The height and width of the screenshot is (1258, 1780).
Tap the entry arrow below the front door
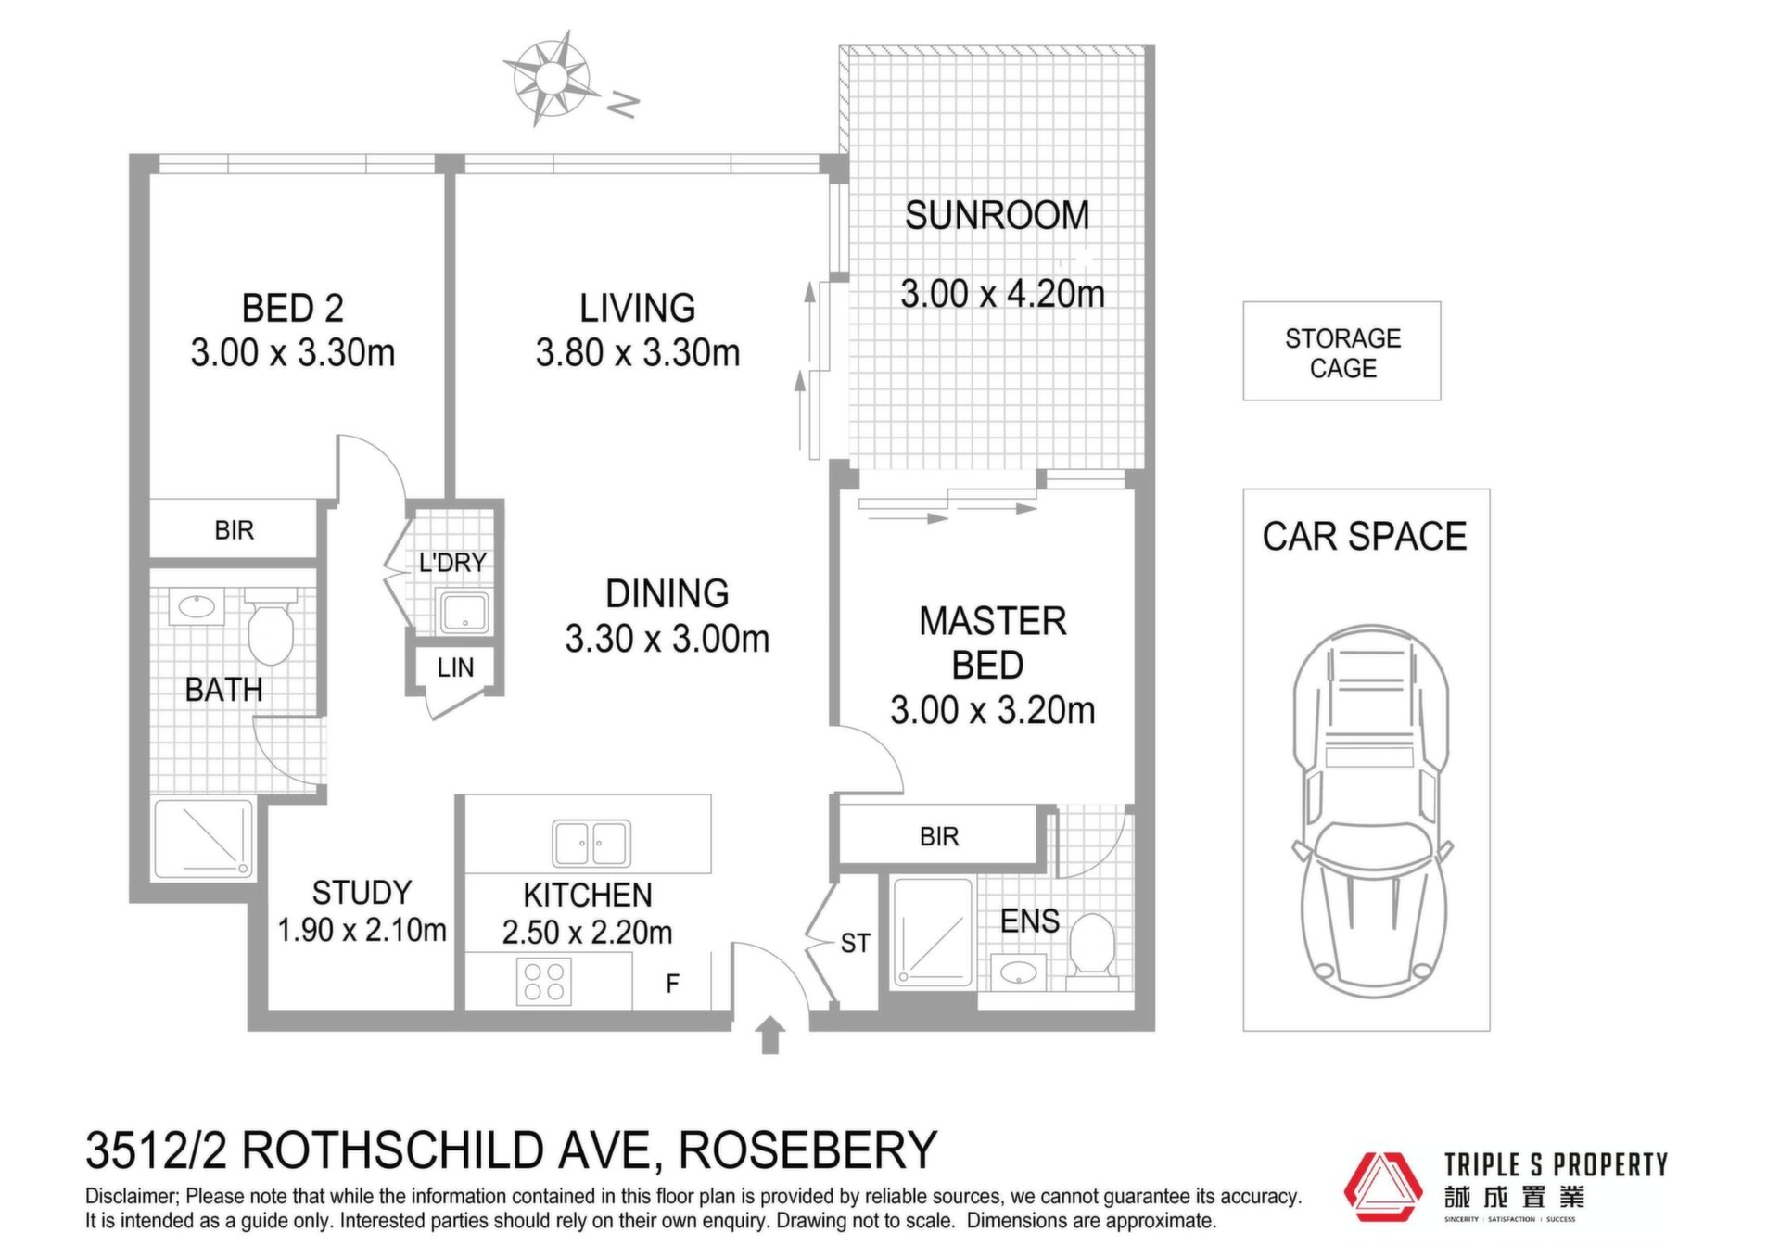(x=769, y=1036)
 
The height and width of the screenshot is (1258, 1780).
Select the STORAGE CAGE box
(x=1341, y=350)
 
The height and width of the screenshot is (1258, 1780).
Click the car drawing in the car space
(x=1371, y=811)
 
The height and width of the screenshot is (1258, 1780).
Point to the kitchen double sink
(x=591, y=843)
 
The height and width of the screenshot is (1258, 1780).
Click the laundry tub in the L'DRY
(x=464, y=613)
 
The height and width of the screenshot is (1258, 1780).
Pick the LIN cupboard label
(x=455, y=667)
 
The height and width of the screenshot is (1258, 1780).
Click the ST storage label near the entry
(x=855, y=944)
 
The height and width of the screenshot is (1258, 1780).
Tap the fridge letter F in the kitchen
(x=673, y=984)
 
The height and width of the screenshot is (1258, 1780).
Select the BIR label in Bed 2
(x=234, y=530)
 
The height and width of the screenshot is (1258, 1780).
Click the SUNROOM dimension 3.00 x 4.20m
(x=1003, y=294)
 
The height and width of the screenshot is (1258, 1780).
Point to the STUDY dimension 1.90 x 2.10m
(x=362, y=930)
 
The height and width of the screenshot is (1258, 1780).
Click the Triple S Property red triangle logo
(x=1382, y=1188)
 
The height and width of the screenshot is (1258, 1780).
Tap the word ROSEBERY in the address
(x=808, y=1150)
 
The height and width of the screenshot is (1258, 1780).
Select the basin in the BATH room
(x=197, y=607)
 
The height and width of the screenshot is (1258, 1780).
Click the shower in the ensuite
(x=933, y=933)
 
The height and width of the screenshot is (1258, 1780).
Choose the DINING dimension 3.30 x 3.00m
(x=667, y=639)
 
